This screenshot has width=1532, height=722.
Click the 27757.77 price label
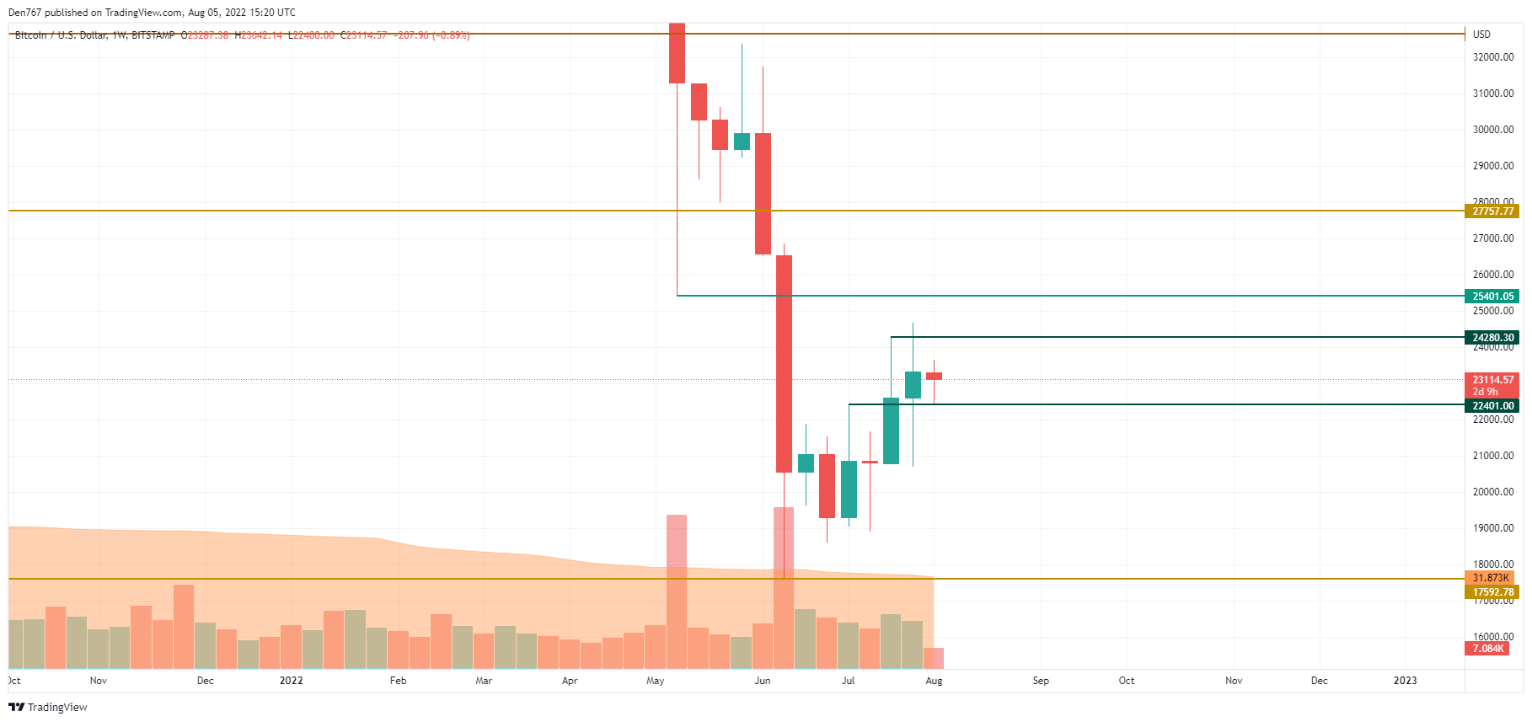[x=1492, y=211]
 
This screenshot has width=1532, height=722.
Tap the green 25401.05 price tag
[x=1492, y=297]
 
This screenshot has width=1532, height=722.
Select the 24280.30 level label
[x=1492, y=338]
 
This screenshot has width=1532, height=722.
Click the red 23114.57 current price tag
[x=1492, y=380]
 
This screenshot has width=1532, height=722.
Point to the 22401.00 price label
[x=1492, y=406]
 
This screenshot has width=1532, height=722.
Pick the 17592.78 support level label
[x=1492, y=592]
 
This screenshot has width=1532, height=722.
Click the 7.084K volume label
[x=1487, y=649]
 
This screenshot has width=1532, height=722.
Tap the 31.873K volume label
[x=1490, y=578]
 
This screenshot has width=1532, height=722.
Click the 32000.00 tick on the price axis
[x=1492, y=57]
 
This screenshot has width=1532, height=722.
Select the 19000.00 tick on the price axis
[x=1492, y=528]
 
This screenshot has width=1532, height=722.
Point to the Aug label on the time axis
[x=934, y=681]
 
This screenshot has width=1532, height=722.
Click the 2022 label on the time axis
[x=291, y=681]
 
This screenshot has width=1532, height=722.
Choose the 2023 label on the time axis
[x=1405, y=681]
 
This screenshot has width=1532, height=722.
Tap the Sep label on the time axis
[x=1041, y=681]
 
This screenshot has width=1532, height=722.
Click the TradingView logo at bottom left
[x=48, y=707]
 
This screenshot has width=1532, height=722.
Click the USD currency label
[x=1481, y=35]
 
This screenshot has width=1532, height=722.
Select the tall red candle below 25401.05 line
[x=784, y=363]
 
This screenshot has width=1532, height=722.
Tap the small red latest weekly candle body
[x=934, y=376]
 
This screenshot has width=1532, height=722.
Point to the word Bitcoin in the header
[x=31, y=35]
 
